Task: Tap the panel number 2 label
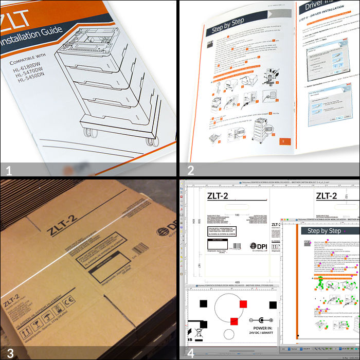click(x=190, y=170)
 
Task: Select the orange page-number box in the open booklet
click(x=281, y=141)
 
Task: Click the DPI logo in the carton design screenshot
click(x=259, y=247)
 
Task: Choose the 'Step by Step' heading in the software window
click(x=324, y=231)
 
